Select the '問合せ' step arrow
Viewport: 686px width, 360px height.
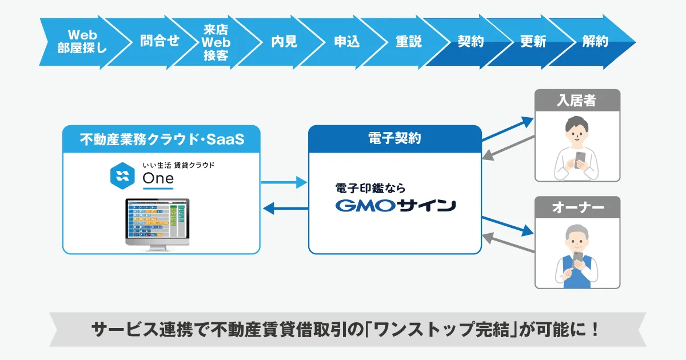[159, 41]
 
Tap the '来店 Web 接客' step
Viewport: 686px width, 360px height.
[216, 42]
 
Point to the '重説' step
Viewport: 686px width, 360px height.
[409, 42]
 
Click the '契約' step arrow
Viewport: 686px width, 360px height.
[471, 42]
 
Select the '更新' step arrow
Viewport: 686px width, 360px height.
[533, 42]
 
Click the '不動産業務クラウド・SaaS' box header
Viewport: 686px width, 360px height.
[161, 139]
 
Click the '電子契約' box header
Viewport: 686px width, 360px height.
[394, 139]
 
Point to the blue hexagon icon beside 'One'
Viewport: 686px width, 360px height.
[122, 176]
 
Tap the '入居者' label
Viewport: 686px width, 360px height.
[577, 101]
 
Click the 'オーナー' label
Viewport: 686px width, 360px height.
[577, 208]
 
